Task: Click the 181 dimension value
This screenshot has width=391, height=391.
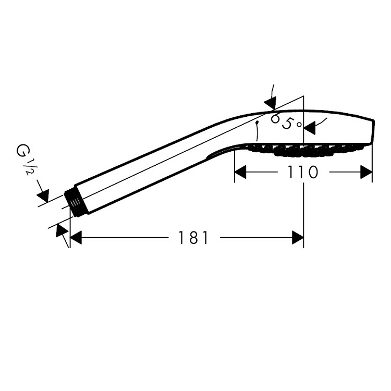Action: [x=193, y=238]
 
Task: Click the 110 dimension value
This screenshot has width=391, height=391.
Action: [x=303, y=172]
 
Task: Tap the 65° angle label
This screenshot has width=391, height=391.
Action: [x=286, y=121]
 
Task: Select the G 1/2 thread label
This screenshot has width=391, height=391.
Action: [x=25, y=159]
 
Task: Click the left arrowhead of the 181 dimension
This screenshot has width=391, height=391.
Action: [x=76, y=238]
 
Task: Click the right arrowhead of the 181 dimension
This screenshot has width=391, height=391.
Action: [x=298, y=238]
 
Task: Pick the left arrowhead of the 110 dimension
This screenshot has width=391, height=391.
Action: [x=240, y=172]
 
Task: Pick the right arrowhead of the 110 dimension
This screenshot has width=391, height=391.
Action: [x=366, y=172]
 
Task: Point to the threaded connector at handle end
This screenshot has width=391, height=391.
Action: [x=76, y=202]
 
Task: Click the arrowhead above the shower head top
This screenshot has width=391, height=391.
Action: [x=271, y=103]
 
